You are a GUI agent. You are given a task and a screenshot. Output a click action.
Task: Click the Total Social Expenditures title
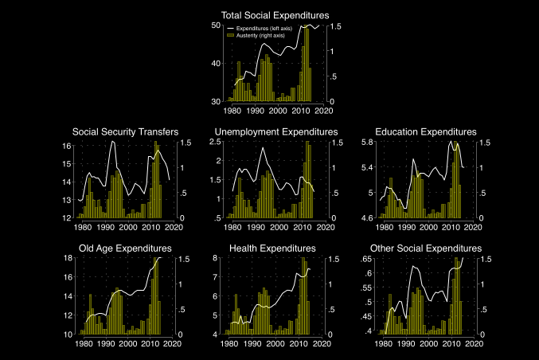275,14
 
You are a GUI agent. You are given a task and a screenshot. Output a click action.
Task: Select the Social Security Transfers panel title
125,131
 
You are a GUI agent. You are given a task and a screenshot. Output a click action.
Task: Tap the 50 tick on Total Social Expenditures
215,25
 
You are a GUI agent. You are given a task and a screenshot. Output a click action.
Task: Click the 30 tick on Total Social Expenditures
215,102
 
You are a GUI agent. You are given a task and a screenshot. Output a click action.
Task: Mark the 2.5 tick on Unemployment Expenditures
215,142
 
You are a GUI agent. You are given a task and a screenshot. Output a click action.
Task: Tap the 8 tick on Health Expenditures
217,259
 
